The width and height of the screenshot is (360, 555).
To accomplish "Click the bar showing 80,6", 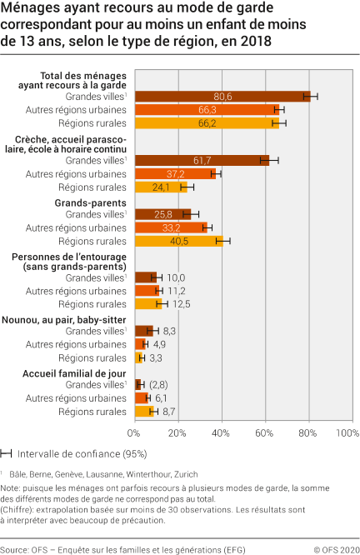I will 222,97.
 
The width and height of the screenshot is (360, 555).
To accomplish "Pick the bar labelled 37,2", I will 175,173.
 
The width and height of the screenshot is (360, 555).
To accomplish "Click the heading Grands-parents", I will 90,202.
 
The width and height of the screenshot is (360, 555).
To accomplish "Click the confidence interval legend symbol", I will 7,454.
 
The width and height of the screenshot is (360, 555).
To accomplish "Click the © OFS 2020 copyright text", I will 333,547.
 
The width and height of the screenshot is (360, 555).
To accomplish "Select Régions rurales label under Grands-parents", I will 92,241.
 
